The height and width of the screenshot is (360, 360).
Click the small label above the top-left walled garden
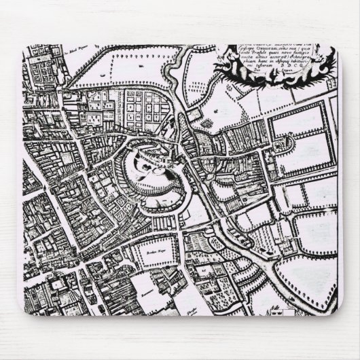(x=73, y=50)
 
